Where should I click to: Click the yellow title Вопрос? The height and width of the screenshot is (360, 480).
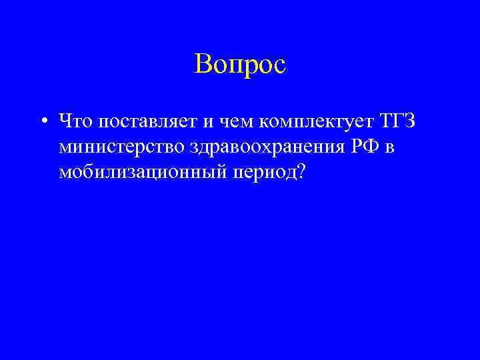tap(240, 64)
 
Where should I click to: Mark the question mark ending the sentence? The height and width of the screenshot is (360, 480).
tap(301, 171)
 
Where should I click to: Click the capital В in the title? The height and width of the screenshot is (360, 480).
tap(203, 64)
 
